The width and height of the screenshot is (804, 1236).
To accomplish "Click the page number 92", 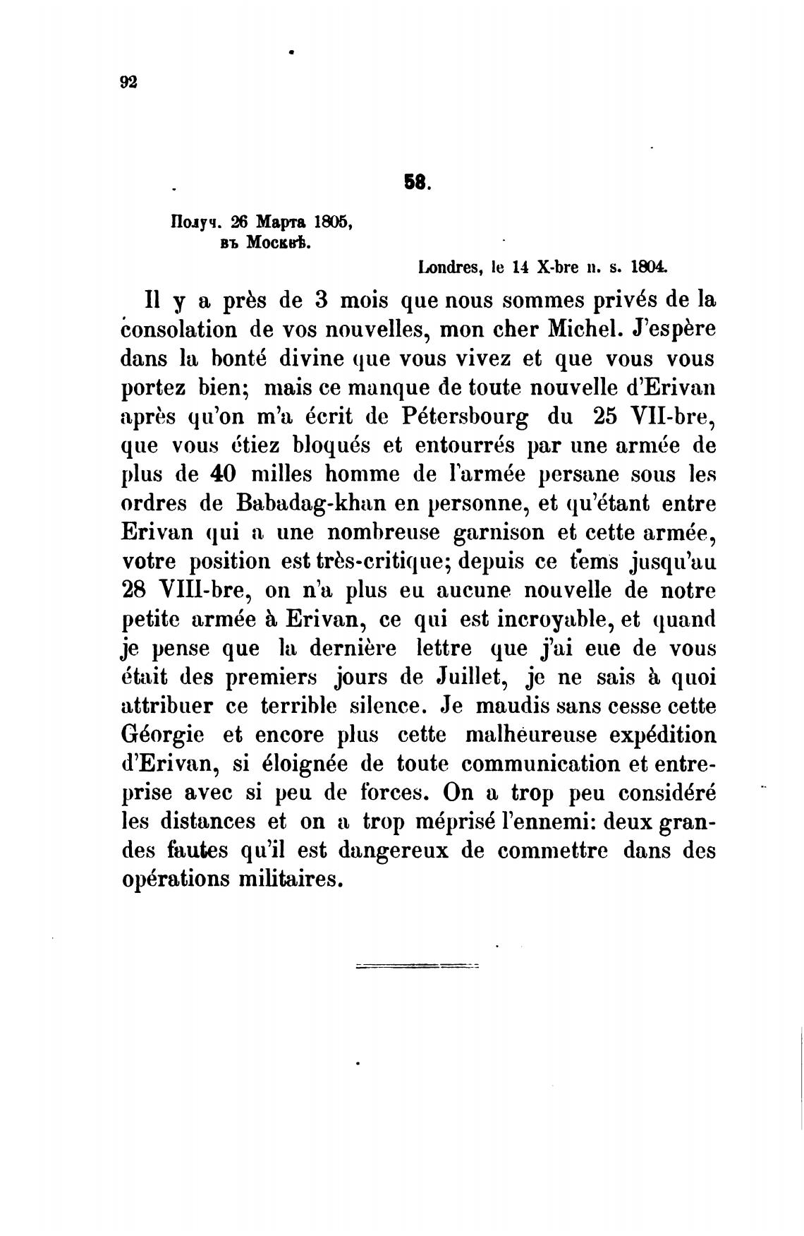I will coord(128,83).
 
